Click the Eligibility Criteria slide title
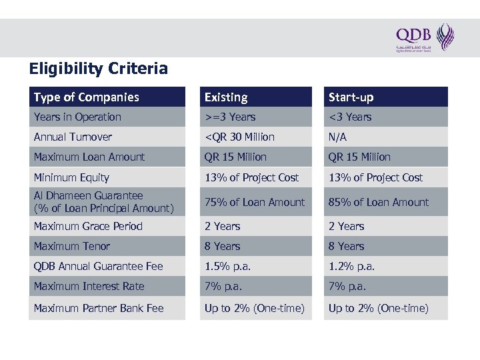pyautogui.click(x=98, y=69)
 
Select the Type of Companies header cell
pyautogui.click(x=87, y=97)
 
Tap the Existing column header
pyautogui.click(x=226, y=97)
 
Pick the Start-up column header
pyautogui.click(x=351, y=97)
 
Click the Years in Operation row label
pyautogui.click(x=77, y=117)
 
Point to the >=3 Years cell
pyautogui.click(x=230, y=117)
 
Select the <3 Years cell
pyautogui.click(x=350, y=117)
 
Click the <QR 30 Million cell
pyautogui.click(x=239, y=137)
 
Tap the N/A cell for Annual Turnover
pyautogui.click(x=338, y=137)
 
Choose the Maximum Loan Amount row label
pyautogui.click(x=89, y=157)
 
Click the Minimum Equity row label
pyautogui.click(x=71, y=178)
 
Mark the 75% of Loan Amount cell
pyautogui.click(x=255, y=202)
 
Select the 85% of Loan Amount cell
pyautogui.click(x=379, y=202)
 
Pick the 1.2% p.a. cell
pyautogui.click(x=351, y=267)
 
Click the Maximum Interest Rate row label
pyautogui.click(x=89, y=287)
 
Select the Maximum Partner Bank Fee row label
pyautogui.click(x=99, y=309)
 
